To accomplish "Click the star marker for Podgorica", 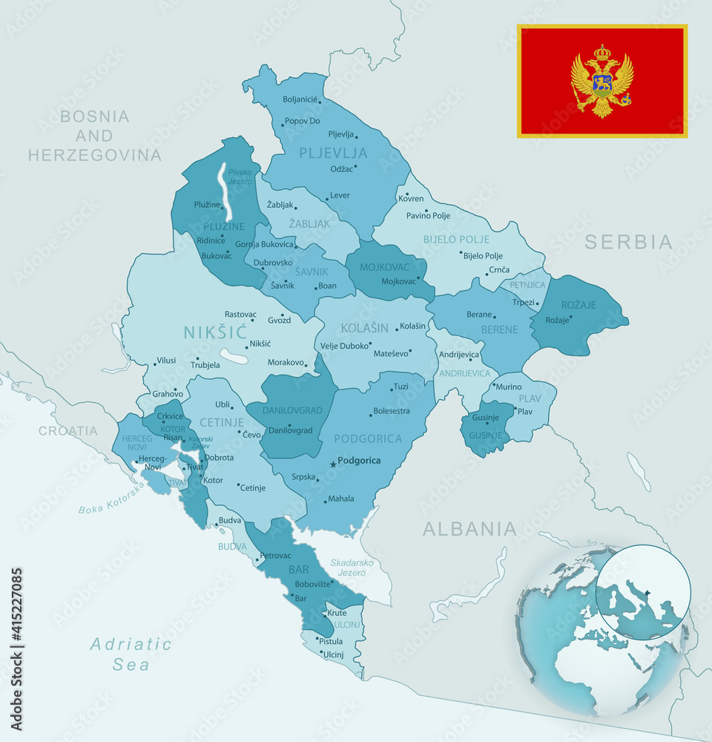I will (x=332, y=464).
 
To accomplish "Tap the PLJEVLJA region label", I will (x=333, y=154).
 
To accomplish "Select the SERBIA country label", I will (x=628, y=242).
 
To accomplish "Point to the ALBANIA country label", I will (x=469, y=529).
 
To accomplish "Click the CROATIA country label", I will (x=68, y=431).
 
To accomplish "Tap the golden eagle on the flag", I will (x=602, y=81).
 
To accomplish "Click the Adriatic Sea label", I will (x=131, y=654).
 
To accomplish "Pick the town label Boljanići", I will (x=300, y=99).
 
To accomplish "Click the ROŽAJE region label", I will (x=578, y=304).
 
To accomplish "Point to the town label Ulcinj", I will (x=333, y=654).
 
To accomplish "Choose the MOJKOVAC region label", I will (x=385, y=267).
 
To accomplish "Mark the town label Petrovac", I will (x=275, y=555).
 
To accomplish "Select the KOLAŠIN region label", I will (x=365, y=327).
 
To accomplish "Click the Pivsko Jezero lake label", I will (x=240, y=177).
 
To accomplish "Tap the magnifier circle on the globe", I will (x=643, y=592).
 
